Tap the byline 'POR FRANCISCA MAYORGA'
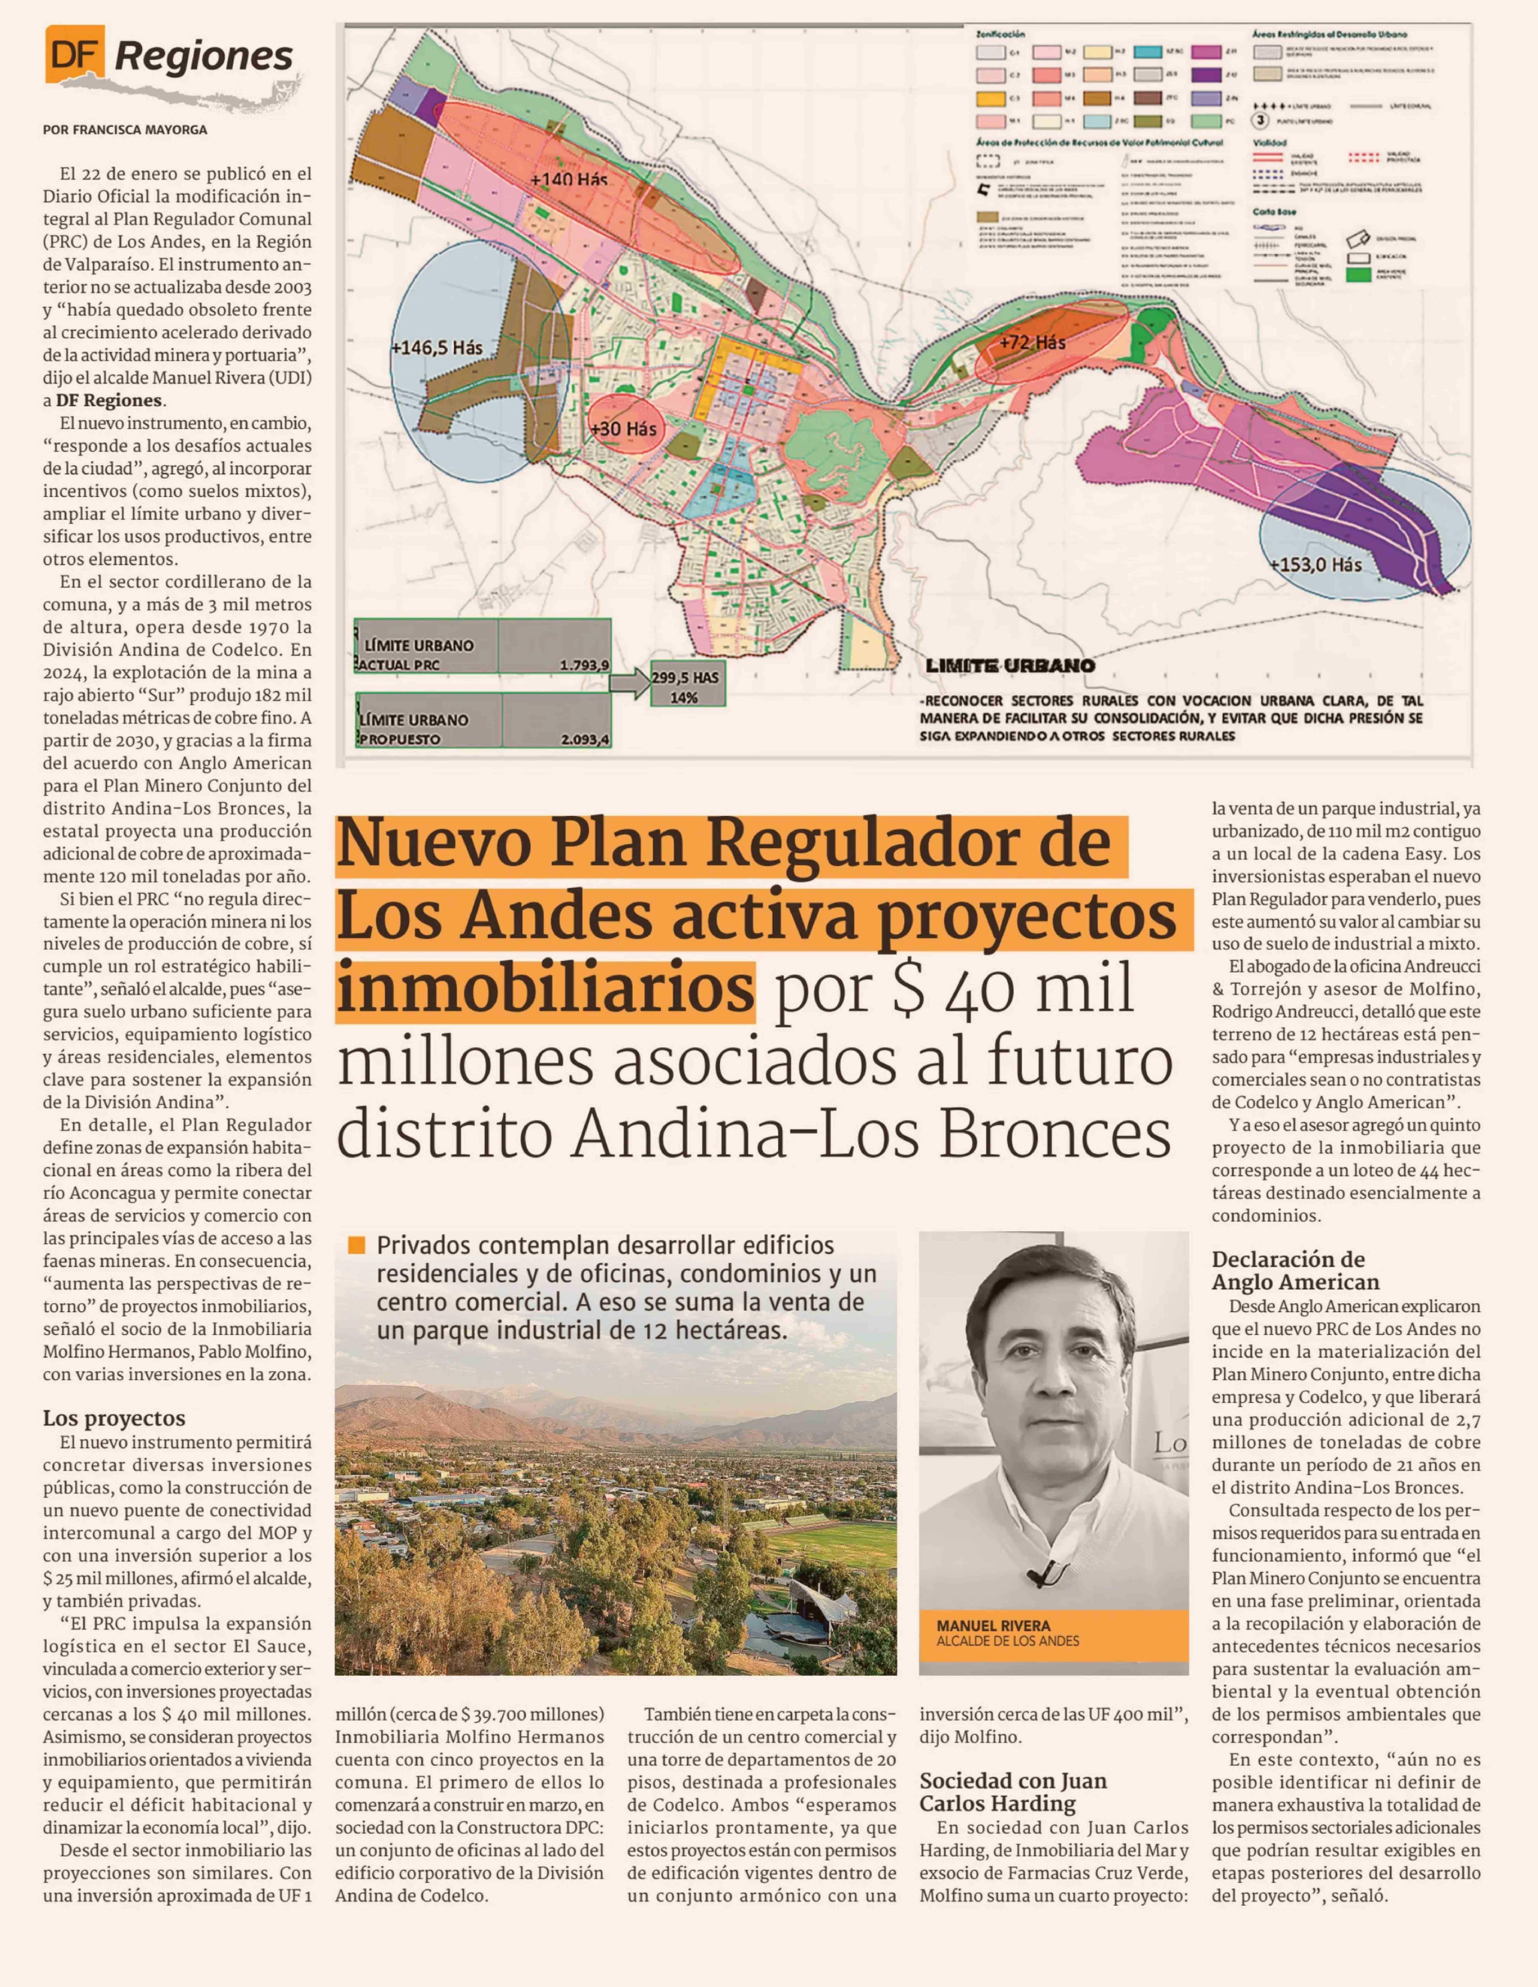[x=125, y=130]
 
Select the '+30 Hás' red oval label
[x=623, y=429]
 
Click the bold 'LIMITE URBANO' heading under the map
[x=1010, y=665]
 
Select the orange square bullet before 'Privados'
[x=356, y=1245]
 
